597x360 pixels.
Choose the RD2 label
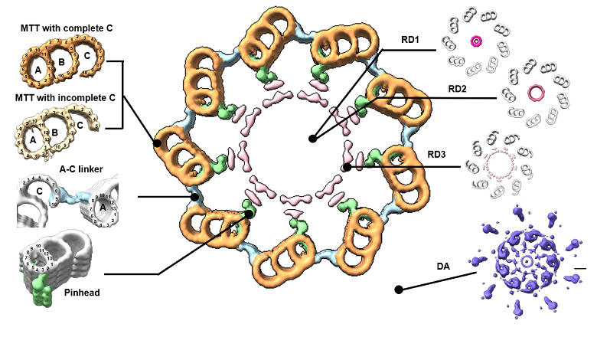coord(461,89)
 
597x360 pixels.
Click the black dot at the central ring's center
coord(312,139)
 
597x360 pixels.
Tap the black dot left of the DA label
coord(398,290)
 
